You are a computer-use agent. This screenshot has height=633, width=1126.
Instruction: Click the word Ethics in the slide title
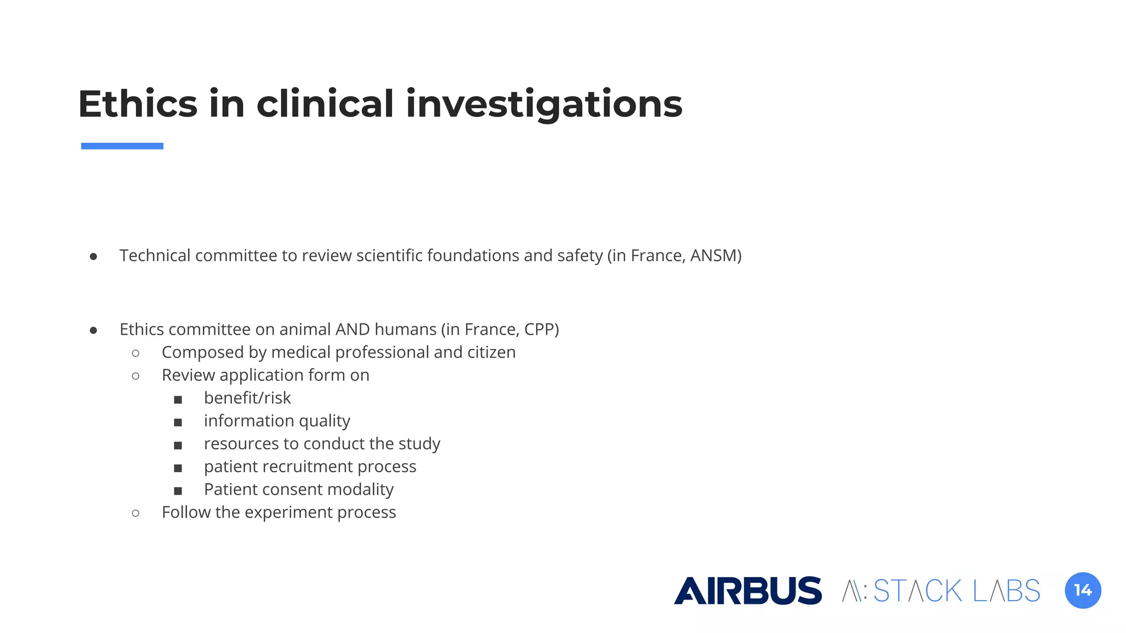(137, 104)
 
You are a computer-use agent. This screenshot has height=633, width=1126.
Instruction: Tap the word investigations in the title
(544, 104)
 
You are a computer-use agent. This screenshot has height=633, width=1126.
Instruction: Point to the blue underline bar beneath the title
(122, 146)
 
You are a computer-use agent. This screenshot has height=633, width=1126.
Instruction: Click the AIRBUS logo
(748, 591)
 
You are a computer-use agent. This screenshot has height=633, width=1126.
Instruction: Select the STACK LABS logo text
(956, 591)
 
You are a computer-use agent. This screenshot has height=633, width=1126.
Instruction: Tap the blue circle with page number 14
(1083, 591)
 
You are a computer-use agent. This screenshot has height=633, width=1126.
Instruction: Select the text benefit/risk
(247, 398)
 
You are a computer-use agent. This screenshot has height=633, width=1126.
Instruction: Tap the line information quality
(277, 421)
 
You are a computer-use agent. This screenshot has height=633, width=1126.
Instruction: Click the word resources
(241, 443)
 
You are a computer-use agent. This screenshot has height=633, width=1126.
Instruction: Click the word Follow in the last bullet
(186, 512)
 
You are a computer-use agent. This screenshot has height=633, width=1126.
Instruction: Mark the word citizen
(491, 352)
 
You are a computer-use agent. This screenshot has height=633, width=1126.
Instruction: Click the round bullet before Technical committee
(93, 257)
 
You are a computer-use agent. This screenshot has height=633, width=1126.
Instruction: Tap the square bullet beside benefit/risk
(178, 399)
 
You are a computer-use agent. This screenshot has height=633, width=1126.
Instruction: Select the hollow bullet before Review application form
(136, 376)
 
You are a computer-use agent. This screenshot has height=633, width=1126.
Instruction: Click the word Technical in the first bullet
(155, 256)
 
